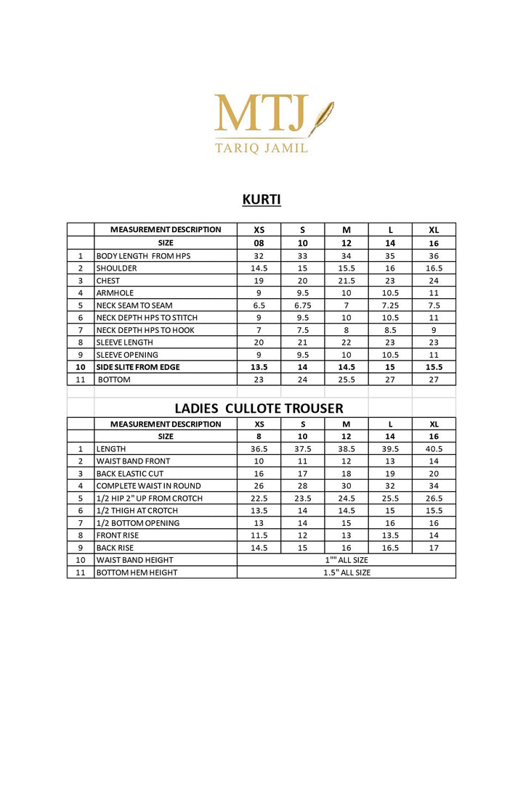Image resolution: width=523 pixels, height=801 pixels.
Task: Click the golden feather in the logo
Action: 321,118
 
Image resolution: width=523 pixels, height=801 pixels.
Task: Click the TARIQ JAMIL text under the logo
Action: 261,148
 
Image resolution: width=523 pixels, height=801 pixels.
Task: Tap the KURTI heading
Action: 261,200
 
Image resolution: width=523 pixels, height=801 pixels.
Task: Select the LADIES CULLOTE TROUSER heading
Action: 259,408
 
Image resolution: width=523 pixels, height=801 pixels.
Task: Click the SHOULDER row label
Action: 116,268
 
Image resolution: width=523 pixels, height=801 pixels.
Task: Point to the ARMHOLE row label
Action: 115,293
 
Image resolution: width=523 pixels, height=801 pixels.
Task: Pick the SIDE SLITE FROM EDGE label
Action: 138,367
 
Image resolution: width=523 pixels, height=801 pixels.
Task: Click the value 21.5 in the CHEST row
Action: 346,281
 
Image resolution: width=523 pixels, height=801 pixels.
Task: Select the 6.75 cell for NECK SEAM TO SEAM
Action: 303,305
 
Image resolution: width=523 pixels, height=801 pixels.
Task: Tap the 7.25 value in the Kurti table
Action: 390,305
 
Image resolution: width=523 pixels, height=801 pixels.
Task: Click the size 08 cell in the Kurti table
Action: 259,243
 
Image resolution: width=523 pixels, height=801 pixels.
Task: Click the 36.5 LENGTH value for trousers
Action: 259,449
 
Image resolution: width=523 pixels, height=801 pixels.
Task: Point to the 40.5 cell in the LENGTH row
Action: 434,449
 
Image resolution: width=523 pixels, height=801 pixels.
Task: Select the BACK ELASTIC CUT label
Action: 129,474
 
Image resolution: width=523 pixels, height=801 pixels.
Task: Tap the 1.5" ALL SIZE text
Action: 346,572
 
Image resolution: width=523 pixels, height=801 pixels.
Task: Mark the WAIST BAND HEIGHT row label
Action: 135,560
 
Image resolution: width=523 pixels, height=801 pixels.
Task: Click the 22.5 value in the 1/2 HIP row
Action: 259,498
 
